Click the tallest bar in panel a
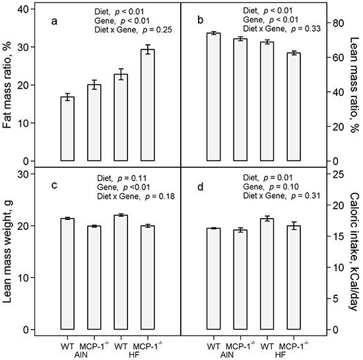coord(147,105)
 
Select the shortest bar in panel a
coord(67,129)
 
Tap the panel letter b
coord(201,20)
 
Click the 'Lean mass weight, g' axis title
coord(8,252)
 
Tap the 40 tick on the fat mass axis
coord(23,9)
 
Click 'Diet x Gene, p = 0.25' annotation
coord(133,30)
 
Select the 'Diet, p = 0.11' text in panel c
coord(122,178)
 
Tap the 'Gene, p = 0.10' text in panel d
coord(271,186)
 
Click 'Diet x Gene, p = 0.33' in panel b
coord(282,28)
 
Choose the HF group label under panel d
coord(280,355)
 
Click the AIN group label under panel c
coord(81,355)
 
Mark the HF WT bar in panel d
coord(267,274)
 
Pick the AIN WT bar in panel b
coord(213,97)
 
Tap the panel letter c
coord(54,186)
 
